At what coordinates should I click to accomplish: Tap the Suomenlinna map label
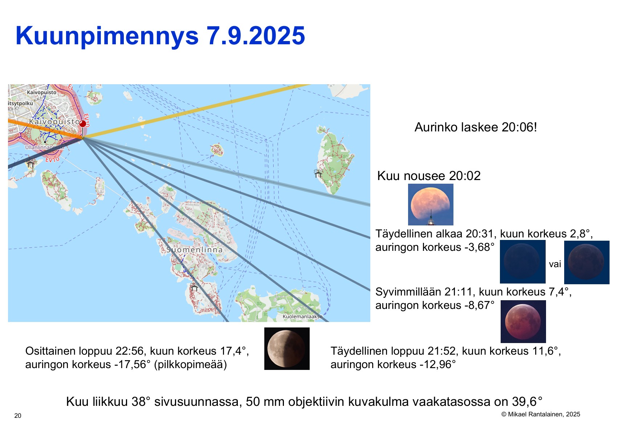click(194, 250)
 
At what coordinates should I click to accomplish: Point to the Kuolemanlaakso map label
click(302, 317)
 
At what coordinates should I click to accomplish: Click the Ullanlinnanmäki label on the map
click(45, 147)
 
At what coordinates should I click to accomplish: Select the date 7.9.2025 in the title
click(256, 35)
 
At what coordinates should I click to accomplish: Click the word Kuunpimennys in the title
click(107, 36)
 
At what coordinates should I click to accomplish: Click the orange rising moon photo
click(431, 204)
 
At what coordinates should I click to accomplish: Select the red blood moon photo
click(523, 321)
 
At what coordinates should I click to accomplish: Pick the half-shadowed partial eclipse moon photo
click(287, 349)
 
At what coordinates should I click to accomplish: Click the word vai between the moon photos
click(555, 264)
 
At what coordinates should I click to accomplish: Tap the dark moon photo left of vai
click(522, 262)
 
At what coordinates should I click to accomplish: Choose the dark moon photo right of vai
click(587, 262)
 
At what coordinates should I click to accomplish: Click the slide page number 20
click(18, 416)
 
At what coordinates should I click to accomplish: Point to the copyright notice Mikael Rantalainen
click(541, 414)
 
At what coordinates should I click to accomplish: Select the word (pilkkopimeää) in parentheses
click(190, 365)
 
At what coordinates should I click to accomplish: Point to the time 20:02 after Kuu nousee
click(465, 176)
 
